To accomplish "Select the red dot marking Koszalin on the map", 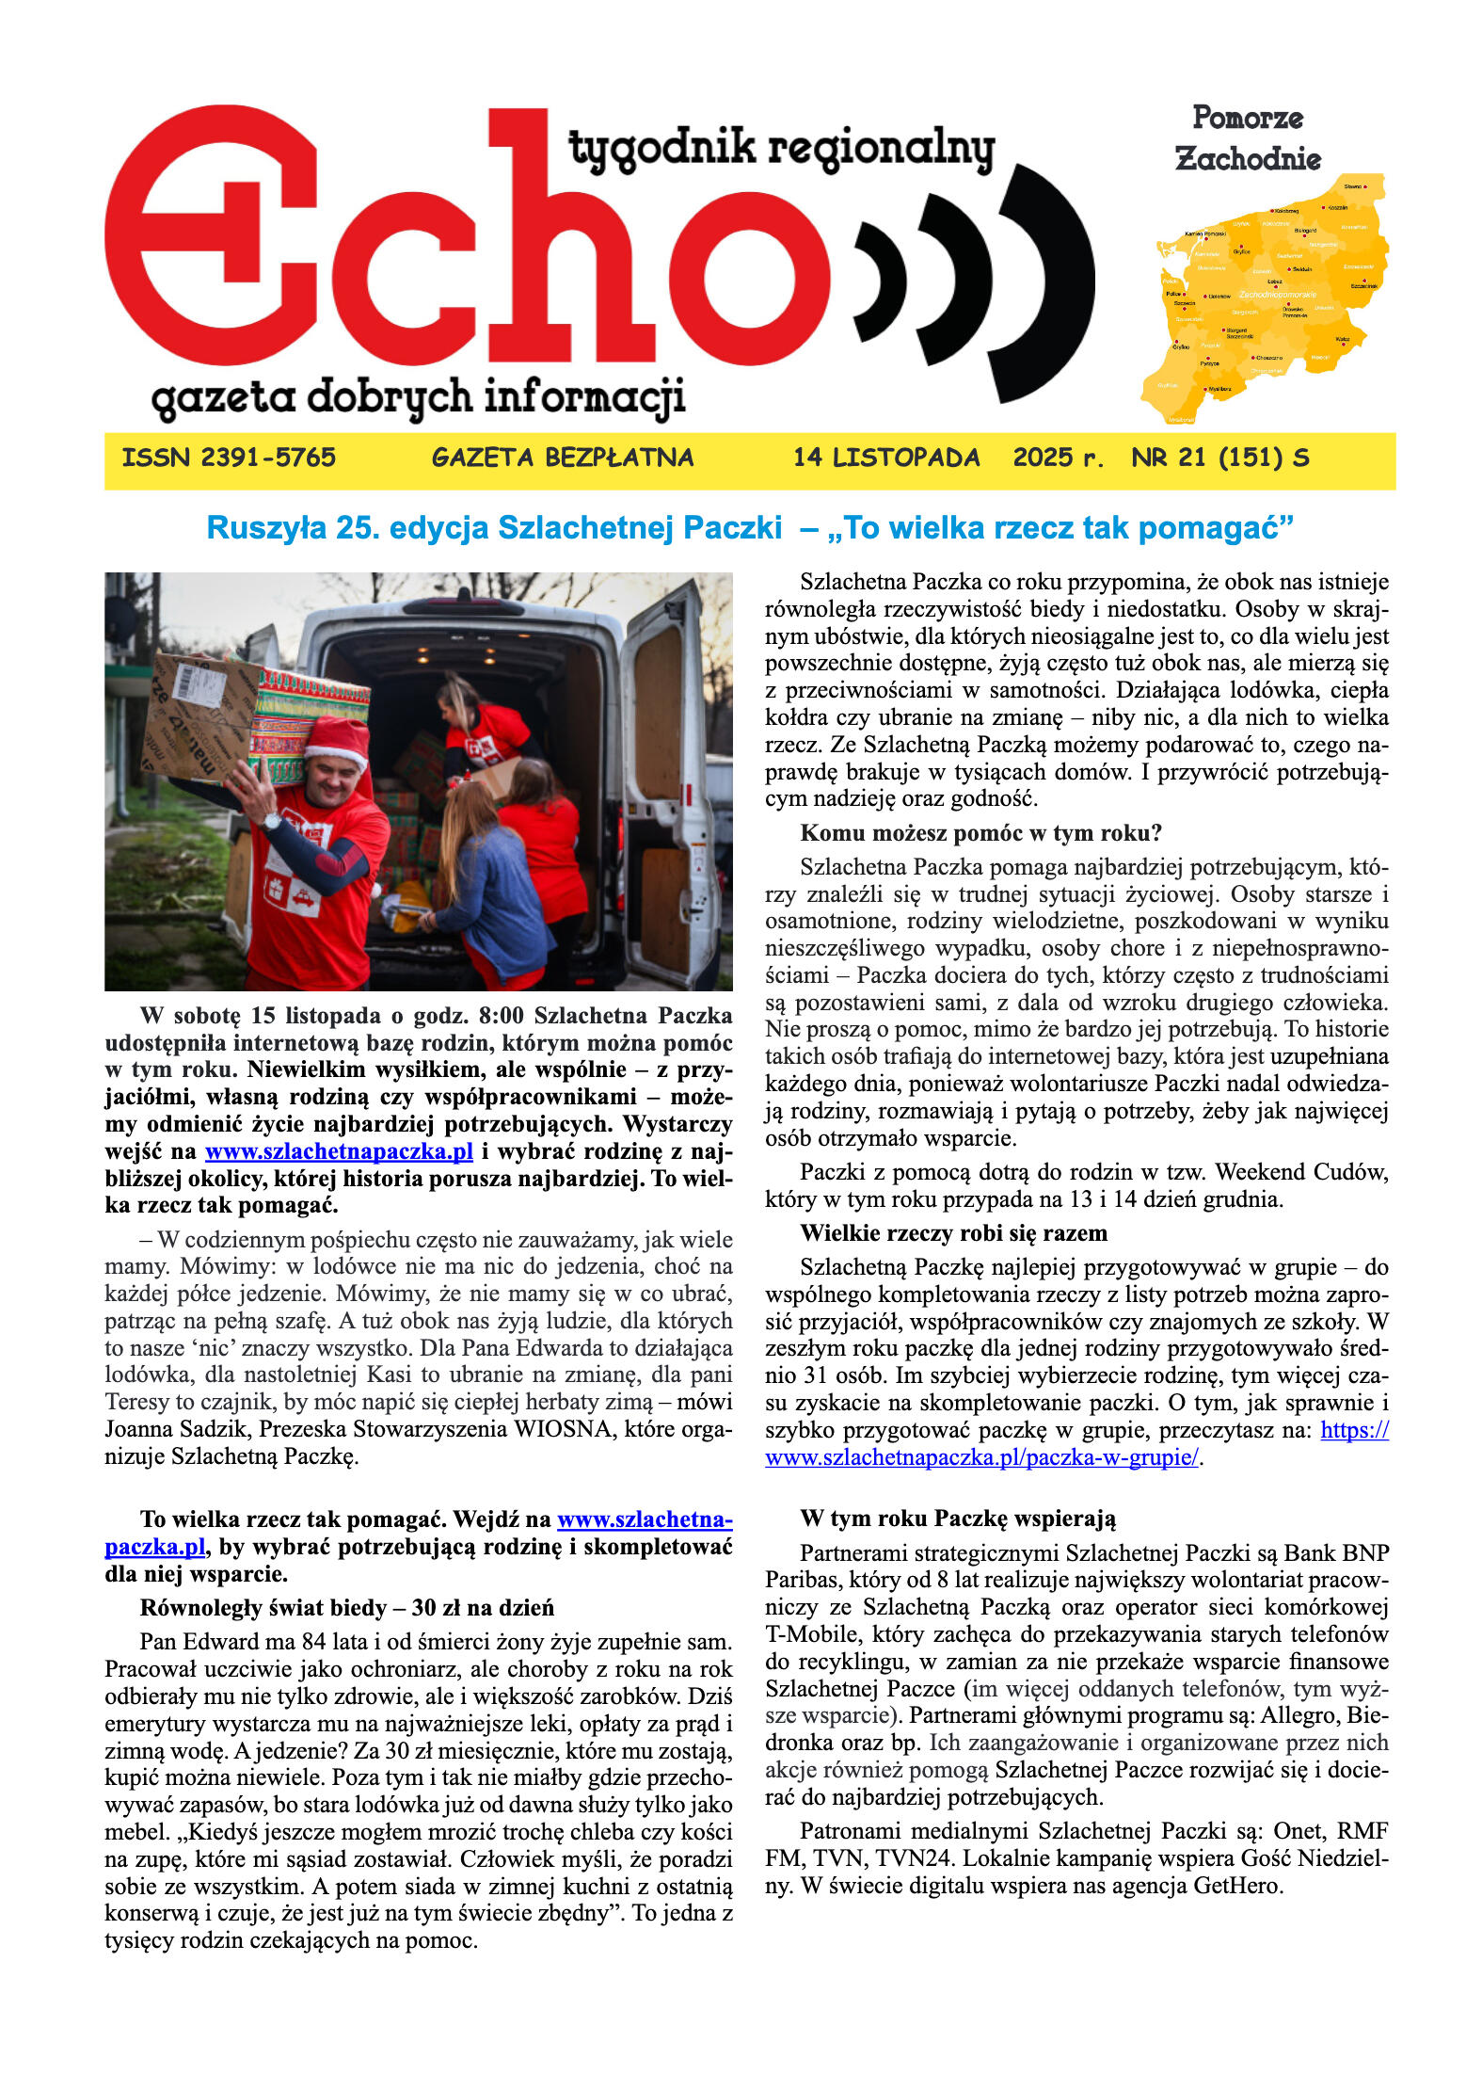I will pyautogui.click(x=1324, y=207).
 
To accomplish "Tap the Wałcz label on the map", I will pyautogui.click(x=1342, y=339).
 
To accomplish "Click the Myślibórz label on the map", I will pyautogui.click(x=1219, y=388).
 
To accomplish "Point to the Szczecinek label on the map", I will pyautogui.click(x=1363, y=285).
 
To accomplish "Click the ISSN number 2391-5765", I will pyautogui.click(x=229, y=458).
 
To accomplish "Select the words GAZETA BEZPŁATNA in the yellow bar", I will pyautogui.click(x=563, y=458).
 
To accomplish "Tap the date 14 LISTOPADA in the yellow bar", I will pyautogui.click(x=885, y=458).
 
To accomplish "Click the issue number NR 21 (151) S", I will pyautogui.click(x=1219, y=458).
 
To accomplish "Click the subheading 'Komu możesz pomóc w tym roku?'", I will pyautogui.click(x=981, y=833).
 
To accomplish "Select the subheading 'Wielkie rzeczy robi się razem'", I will pyautogui.click(x=953, y=1233).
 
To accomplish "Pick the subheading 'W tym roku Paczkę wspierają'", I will pyautogui.click(x=958, y=1519).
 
